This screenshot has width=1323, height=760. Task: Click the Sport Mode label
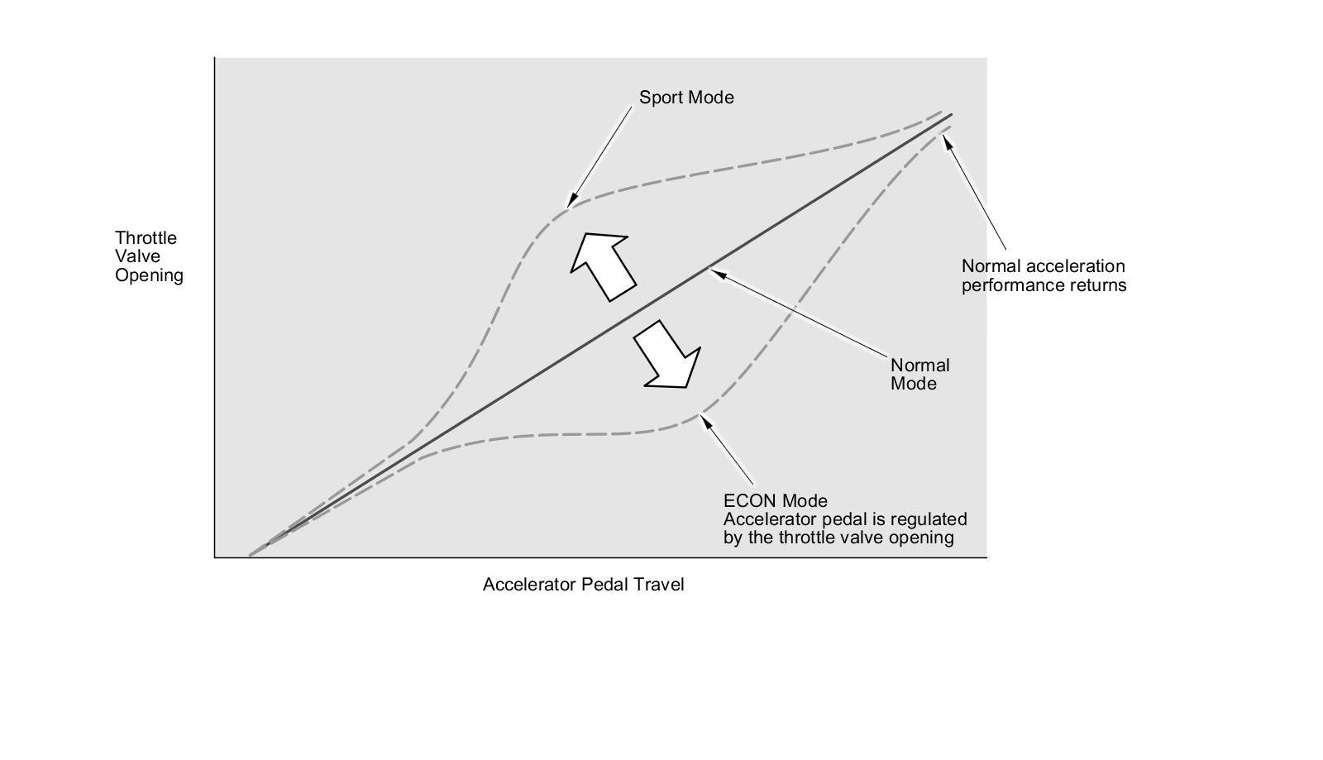tap(686, 98)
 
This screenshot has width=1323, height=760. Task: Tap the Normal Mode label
tap(919, 374)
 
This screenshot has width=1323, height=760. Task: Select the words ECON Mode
tap(775, 501)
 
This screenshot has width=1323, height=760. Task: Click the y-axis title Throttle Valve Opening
tap(149, 256)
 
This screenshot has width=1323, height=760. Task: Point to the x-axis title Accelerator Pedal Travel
tap(583, 585)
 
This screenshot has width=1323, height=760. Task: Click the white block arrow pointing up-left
tap(602, 265)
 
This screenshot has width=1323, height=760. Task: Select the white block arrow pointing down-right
tap(668, 355)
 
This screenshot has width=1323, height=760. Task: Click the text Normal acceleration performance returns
tap(1044, 275)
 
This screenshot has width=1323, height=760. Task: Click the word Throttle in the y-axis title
tap(146, 238)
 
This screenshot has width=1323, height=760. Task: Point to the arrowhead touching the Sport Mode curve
tap(569, 202)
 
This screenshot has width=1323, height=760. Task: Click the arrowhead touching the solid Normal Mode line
tap(714, 271)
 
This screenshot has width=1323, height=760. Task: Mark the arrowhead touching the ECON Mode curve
tap(705, 419)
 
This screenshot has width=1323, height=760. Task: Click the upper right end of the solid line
tap(951, 115)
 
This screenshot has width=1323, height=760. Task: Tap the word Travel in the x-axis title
tap(659, 585)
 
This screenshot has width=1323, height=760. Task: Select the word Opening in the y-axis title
tap(149, 275)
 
